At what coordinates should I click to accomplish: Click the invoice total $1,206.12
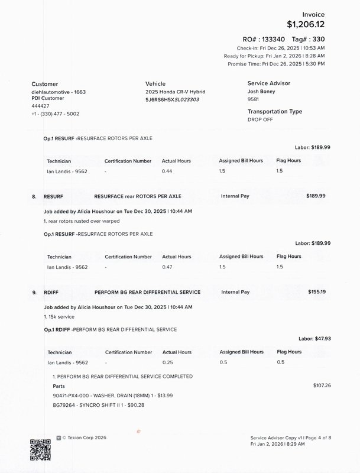pyautogui.click(x=306, y=24)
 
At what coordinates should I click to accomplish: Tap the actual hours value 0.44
pyautogui.click(x=167, y=171)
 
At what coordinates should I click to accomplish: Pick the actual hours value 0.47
pyautogui.click(x=168, y=267)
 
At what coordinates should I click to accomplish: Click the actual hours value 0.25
pyautogui.click(x=168, y=362)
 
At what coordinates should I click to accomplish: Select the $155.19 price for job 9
pyautogui.click(x=317, y=292)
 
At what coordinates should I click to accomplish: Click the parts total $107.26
pyautogui.click(x=322, y=385)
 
